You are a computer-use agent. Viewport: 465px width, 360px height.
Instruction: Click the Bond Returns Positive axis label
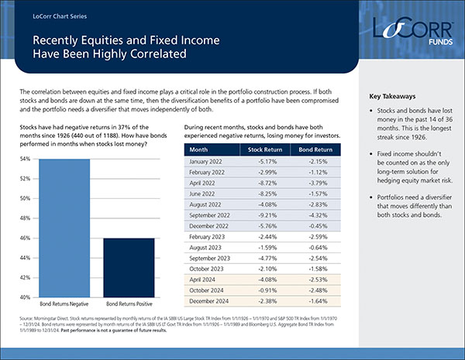129,306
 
